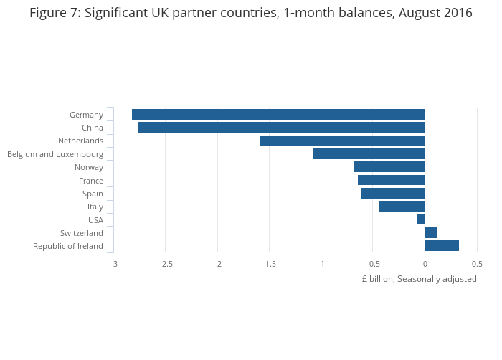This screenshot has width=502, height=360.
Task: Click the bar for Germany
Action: pyautogui.click(x=278, y=115)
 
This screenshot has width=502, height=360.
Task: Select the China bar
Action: pyautogui.click(x=281, y=128)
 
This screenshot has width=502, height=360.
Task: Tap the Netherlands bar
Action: pyautogui.click(x=342, y=141)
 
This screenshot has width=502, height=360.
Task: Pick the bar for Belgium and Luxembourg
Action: pyautogui.click(x=369, y=154)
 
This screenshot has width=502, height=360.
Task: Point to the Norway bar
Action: pyautogui.click(x=389, y=167)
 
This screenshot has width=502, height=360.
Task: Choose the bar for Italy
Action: pyautogui.click(x=402, y=207)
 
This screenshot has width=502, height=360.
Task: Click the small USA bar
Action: pyautogui.click(x=420, y=219)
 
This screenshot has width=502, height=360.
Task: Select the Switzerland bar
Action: pyautogui.click(x=430, y=232)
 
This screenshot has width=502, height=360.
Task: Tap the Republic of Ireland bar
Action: pyautogui.click(x=441, y=246)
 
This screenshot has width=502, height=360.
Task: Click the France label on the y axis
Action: pyautogui.click(x=91, y=181)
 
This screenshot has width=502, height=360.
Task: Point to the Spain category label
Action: pyautogui.click(x=93, y=194)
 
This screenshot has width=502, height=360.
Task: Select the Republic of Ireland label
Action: pyautogui.click(x=68, y=246)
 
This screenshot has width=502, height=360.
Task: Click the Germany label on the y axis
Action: pyautogui.click(x=86, y=115)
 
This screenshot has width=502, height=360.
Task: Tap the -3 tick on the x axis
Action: pyautogui.click(x=113, y=264)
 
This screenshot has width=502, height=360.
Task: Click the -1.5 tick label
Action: pyautogui.click(x=269, y=264)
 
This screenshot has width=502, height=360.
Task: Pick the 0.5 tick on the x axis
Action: pyautogui.click(x=477, y=264)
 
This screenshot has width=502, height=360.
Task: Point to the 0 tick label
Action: pyautogui.click(x=425, y=264)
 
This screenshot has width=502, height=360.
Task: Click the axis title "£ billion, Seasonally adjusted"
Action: pyautogui.click(x=419, y=279)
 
